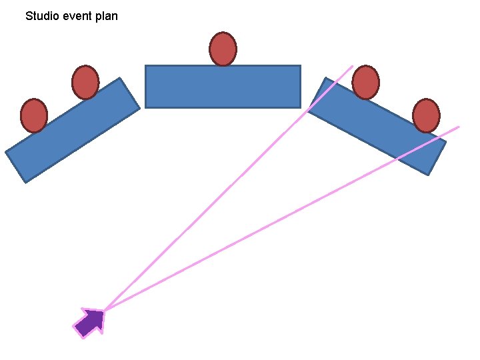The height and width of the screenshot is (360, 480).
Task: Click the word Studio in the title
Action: (x=42, y=15)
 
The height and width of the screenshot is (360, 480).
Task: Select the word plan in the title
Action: (x=107, y=16)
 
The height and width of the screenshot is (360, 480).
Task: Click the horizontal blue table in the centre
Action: (x=223, y=86)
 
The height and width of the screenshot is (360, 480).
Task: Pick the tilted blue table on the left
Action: (x=73, y=131)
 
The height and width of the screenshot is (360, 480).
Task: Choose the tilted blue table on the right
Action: (x=377, y=127)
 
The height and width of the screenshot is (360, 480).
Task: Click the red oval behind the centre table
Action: (x=223, y=49)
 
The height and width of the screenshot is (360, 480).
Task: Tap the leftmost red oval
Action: (x=34, y=115)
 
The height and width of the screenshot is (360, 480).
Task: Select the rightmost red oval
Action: (x=426, y=115)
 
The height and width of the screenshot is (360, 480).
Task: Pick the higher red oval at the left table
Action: (x=85, y=83)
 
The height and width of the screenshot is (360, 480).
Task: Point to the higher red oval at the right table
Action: (x=365, y=83)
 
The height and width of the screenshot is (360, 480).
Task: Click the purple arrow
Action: (x=91, y=322)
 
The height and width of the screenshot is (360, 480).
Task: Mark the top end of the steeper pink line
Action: (x=352, y=65)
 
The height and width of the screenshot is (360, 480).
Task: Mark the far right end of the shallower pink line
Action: (x=459, y=127)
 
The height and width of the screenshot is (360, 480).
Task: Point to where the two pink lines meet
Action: (x=105, y=310)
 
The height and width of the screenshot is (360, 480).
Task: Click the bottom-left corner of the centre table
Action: (x=146, y=107)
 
